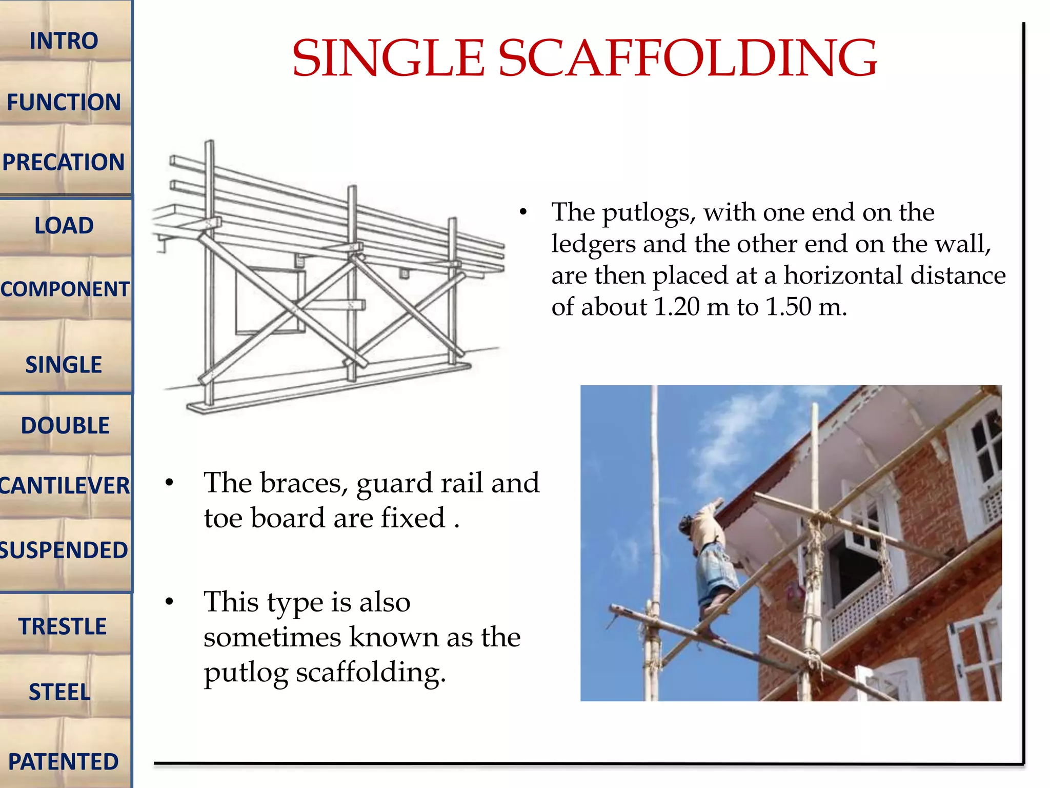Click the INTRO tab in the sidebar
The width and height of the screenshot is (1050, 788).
point(64,41)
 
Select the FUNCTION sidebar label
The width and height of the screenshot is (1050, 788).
point(64,102)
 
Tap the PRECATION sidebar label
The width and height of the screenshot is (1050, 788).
point(64,162)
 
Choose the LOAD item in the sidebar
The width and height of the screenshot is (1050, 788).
point(64,226)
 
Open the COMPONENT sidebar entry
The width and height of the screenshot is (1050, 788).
point(65,289)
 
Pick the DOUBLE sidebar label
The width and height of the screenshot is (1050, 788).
point(65,426)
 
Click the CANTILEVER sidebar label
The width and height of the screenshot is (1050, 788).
point(65,486)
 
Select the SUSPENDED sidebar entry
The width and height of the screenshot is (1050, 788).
point(64,550)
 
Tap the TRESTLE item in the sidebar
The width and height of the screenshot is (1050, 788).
point(63,626)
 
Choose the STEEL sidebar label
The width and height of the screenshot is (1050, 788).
point(59,692)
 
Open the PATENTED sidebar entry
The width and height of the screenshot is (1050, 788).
point(64,762)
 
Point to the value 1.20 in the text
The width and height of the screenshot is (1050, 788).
point(677,307)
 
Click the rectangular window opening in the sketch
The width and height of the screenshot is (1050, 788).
point(267,303)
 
